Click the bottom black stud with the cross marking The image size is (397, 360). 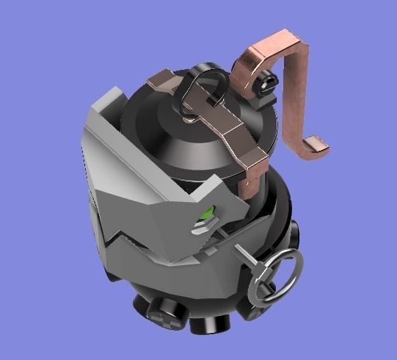166,315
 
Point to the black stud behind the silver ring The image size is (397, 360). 253,308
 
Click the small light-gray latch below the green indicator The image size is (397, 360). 203,228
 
